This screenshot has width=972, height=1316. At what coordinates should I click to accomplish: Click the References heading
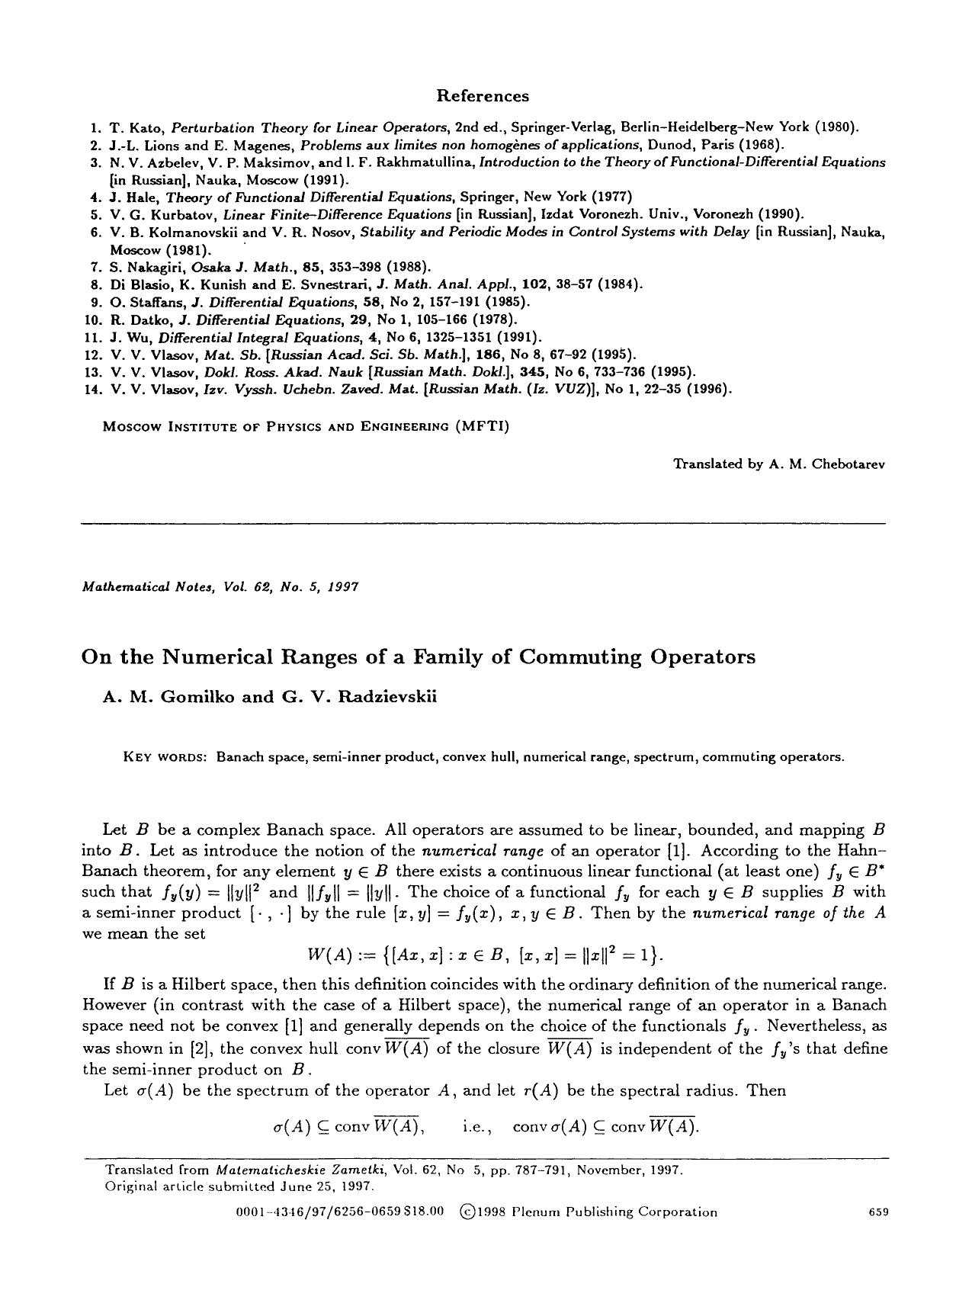tap(482, 96)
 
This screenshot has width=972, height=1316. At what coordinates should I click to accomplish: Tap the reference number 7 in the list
tap(96, 267)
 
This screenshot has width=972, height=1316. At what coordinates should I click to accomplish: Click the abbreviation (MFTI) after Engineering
tap(482, 426)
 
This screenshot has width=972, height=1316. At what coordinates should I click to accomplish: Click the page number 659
tap(879, 1212)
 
